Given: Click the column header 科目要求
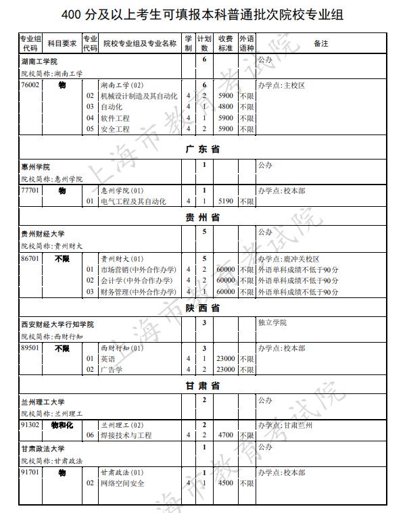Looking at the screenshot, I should point(62,43).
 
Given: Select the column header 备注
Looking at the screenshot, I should point(322,43).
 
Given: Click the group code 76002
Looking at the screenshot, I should point(30,85).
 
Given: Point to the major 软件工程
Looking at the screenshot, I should point(115,118).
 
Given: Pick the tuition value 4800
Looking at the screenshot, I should point(226,107).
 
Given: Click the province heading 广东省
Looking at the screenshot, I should point(203,149).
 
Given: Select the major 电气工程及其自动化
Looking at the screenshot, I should point(133,201).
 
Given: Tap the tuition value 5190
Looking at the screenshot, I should point(226,201).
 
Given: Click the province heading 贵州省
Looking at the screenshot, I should point(203,218).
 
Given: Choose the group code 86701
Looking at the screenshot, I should point(30,259).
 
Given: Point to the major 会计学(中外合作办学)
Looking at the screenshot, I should point(137,280).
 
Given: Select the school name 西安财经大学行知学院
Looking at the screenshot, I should point(57,324).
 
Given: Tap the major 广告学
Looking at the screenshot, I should point(112,370).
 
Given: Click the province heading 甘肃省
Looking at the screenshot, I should point(203,386).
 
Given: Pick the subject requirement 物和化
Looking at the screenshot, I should point(62,425).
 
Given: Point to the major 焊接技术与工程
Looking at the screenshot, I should point(126,436).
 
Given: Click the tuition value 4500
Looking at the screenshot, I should point(226,483).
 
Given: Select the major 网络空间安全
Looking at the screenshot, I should point(122,483).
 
